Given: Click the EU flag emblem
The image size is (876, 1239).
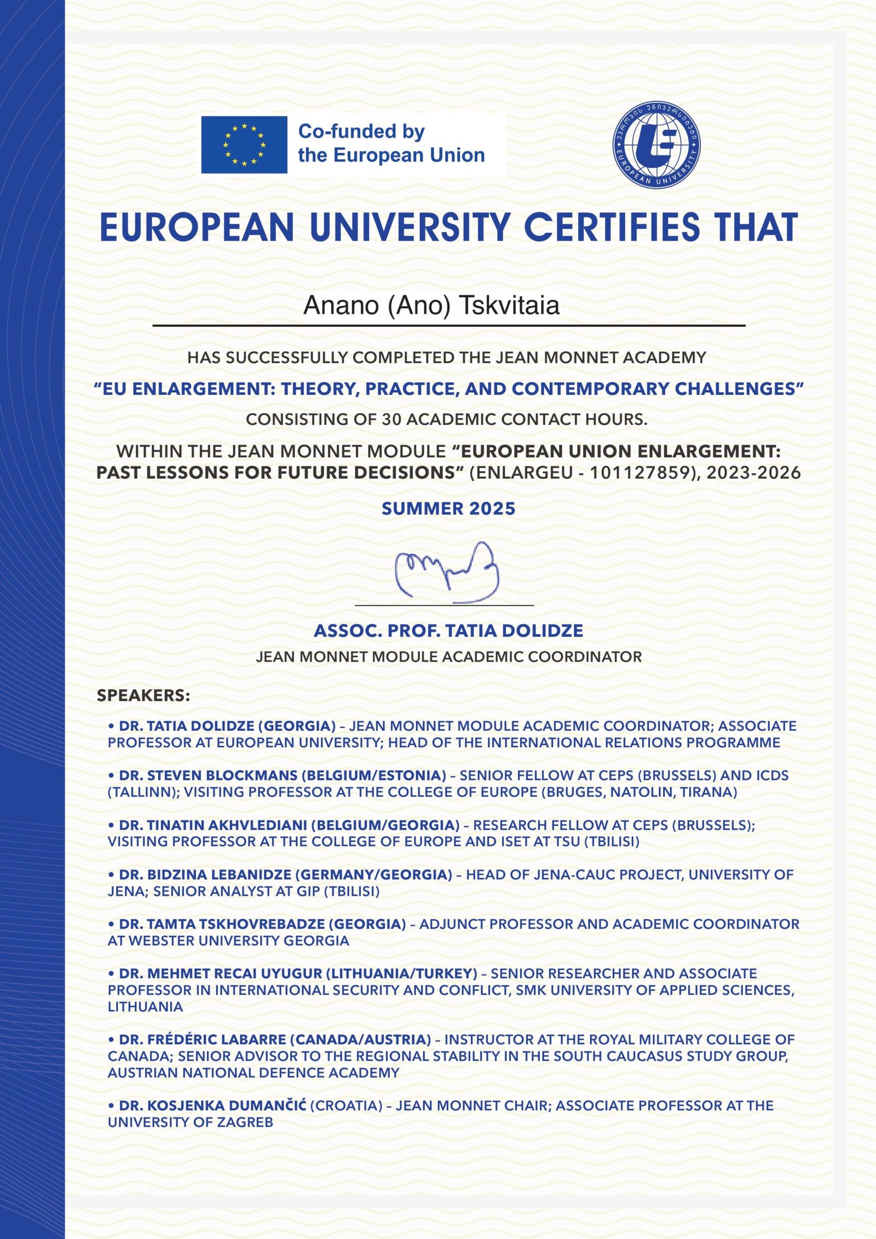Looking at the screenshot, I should tap(244, 145).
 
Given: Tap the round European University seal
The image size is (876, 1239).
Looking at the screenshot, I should tap(656, 144).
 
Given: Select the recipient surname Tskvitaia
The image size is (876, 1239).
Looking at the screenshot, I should tap(509, 306).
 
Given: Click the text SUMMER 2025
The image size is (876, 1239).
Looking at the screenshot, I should tap(448, 508).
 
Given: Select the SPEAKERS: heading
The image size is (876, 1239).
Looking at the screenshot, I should tap(143, 696).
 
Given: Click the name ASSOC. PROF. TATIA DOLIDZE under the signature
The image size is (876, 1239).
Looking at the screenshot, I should tap(448, 630).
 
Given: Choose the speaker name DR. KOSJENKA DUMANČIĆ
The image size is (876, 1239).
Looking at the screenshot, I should tap(212, 1105).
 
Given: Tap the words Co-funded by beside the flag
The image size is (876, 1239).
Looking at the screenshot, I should tap(361, 131).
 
